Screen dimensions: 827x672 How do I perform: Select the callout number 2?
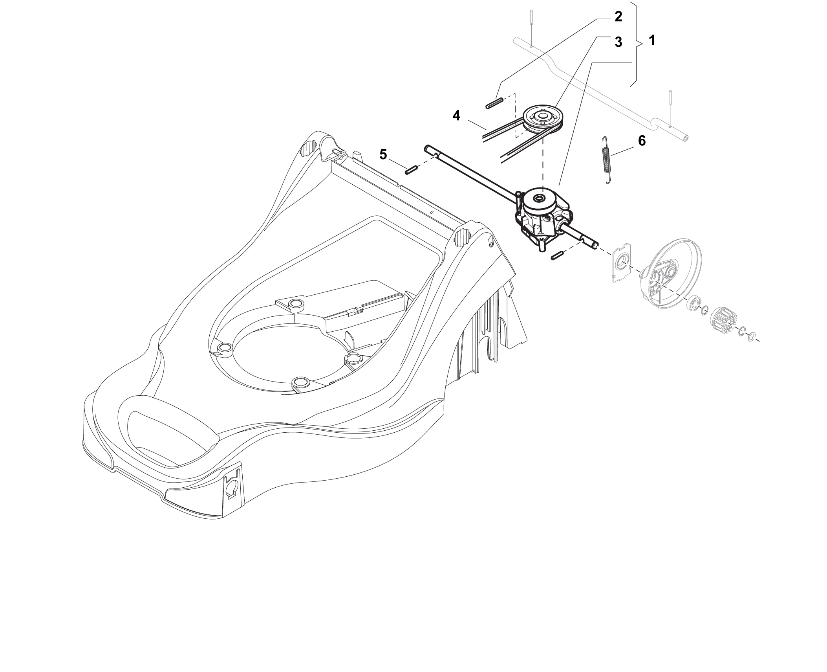[618, 17]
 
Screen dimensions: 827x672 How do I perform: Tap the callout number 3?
[618, 42]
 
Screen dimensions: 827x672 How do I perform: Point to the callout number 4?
[456, 116]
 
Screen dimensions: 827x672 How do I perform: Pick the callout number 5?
[383, 154]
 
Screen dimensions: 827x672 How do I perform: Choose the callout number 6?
[642, 141]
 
